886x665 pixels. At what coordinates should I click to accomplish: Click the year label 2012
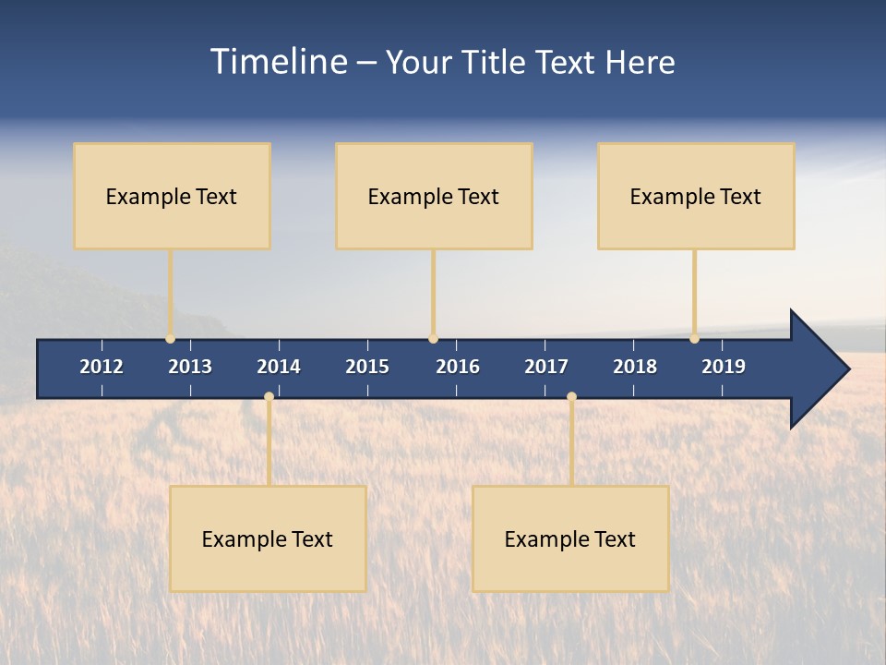[102, 367]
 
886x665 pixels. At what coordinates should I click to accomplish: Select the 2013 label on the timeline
[190, 367]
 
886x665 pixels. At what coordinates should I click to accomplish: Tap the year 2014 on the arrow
[279, 367]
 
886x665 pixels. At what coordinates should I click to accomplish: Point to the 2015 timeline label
[367, 367]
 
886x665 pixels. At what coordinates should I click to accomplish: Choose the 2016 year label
[458, 367]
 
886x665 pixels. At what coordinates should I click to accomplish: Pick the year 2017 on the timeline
[546, 367]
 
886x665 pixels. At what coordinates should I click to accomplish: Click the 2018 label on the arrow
[635, 367]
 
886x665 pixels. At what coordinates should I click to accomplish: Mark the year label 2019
[724, 367]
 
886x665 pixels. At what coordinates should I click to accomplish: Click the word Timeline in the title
[278, 62]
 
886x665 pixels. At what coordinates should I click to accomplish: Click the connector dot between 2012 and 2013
[170, 338]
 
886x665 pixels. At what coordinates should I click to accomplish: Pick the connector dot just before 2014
[269, 397]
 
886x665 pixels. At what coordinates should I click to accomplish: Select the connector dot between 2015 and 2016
[433, 338]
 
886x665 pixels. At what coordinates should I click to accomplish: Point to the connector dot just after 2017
[571, 397]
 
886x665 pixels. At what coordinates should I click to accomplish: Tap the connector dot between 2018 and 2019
[694, 338]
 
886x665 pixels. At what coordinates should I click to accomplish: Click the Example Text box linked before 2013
[172, 196]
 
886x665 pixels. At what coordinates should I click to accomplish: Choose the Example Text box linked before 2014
[268, 538]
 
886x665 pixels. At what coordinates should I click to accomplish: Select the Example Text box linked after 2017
[570, 538]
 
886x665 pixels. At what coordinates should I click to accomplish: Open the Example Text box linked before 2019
[696, 196]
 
